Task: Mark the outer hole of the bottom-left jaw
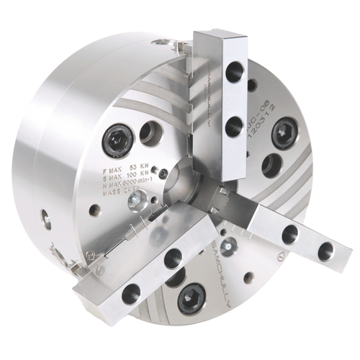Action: (131, 292)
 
